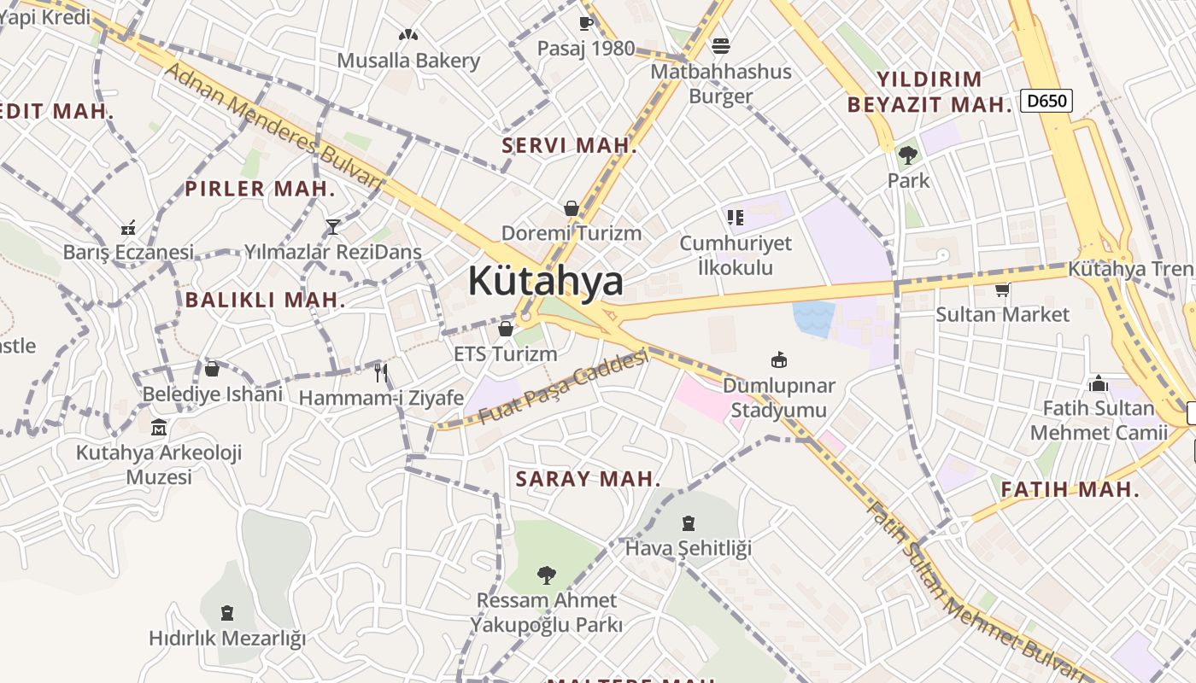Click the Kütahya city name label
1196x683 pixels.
coord(545,281)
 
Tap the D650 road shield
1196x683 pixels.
coord(1046,101)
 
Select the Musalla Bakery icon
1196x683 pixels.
coord(408,36)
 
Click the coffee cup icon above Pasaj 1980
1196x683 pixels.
coord(586,23)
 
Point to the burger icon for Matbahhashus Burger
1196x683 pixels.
coord(721,45)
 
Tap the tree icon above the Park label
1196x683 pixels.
coord(907,155)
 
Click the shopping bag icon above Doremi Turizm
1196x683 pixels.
coord(571,208)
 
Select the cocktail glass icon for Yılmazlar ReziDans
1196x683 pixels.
coord(333,226)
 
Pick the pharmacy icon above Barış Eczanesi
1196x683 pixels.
coord(128,228)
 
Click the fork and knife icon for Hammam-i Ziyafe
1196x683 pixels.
coord(381,372)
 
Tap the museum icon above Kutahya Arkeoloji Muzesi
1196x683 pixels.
coord(159,427)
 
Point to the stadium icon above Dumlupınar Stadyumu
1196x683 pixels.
coord(778,359)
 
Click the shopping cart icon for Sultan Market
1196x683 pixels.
coord(1002,290)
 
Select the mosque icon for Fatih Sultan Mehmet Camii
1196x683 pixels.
coord(1099,383)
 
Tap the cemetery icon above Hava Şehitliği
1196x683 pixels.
coord(689,522)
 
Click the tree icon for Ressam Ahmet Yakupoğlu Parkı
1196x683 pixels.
coord(547,575)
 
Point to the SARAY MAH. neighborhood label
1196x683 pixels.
coord(589,479)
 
